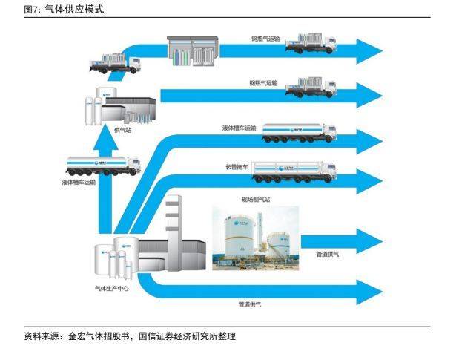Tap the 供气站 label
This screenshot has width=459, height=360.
pos(122,130)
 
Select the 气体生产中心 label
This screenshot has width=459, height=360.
pos(112,288)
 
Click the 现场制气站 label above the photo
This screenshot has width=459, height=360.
pos(256,200)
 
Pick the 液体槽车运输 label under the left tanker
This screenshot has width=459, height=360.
pos(79,181)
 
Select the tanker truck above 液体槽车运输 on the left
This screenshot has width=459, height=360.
pos(104,166)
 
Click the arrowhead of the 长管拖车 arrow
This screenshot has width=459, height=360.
pos(368,178)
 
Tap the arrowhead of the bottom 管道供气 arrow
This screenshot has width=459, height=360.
pos(368,289)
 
